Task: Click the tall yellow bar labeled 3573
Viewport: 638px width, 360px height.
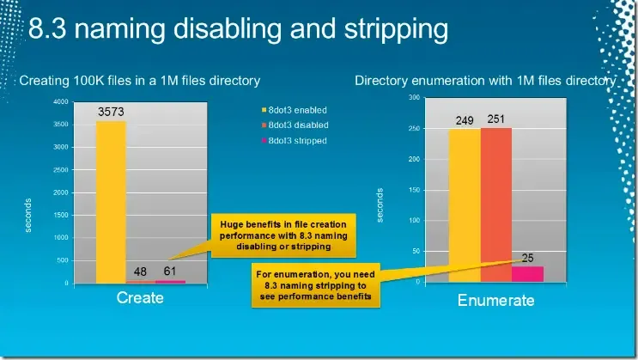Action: click(111, 202)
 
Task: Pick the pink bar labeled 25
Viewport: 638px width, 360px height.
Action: click(528, 273)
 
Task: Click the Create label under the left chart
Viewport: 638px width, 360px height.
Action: click(139, 298)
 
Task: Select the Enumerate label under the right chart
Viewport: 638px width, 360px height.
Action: click(495, 300)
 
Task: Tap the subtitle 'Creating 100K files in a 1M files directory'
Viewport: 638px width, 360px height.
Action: click(139, 81)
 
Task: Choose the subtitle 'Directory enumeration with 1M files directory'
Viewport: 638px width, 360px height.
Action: click(485, 81)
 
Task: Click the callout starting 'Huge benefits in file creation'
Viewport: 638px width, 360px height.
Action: click(270, 234)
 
